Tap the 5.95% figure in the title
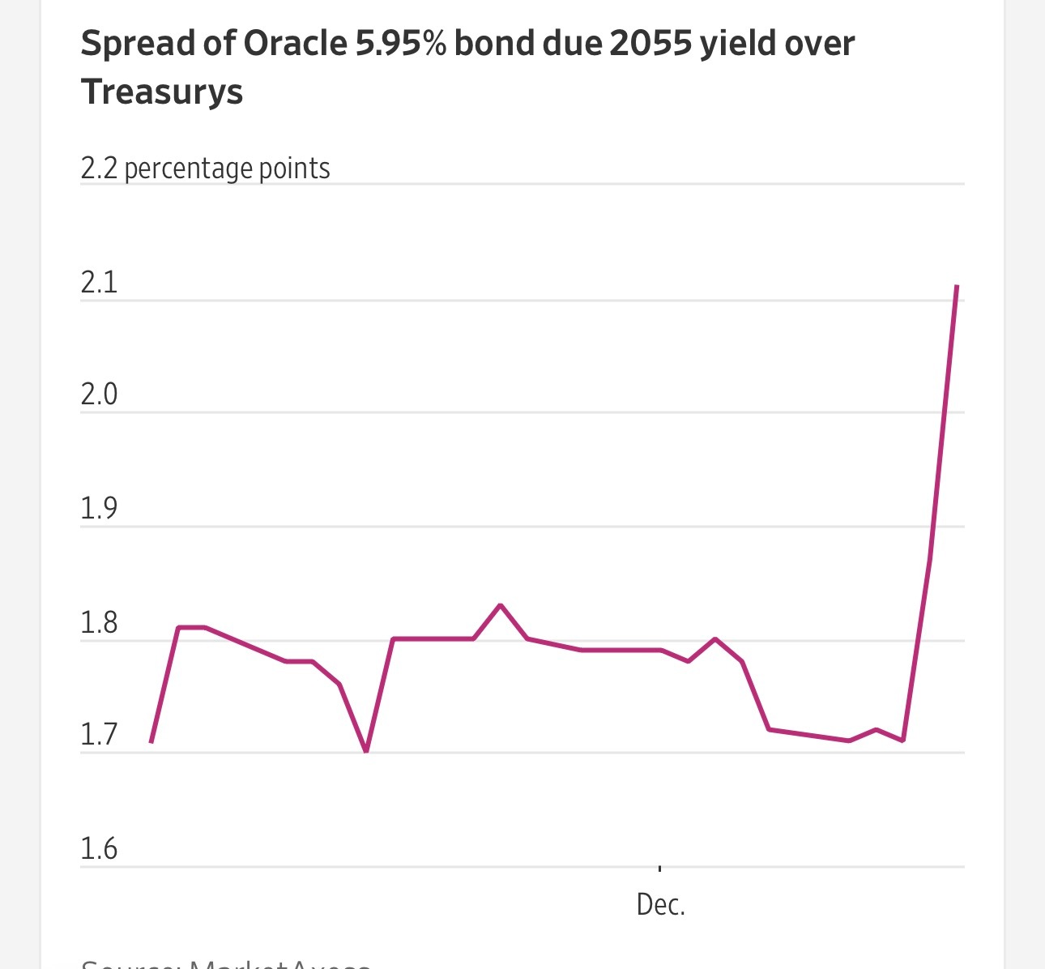coord(400,44)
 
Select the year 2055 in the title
coord(650,44)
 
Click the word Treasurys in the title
coord(162,92)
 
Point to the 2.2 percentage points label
coord(205,169)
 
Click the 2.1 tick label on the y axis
coord(99,283)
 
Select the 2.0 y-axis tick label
coord(99,395)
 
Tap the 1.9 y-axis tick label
coord(99,509)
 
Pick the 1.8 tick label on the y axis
coord(99,623)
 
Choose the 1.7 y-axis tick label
coord(99,735)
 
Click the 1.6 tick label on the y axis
coord(99,849)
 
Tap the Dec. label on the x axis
coord(661,905)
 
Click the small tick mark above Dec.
coord(660,869)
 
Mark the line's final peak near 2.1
coord(957,286)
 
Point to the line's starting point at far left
coord(151,741)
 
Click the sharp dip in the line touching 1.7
coord(366,751)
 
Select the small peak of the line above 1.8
coord(501,605)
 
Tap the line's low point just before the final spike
coord(902,741)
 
